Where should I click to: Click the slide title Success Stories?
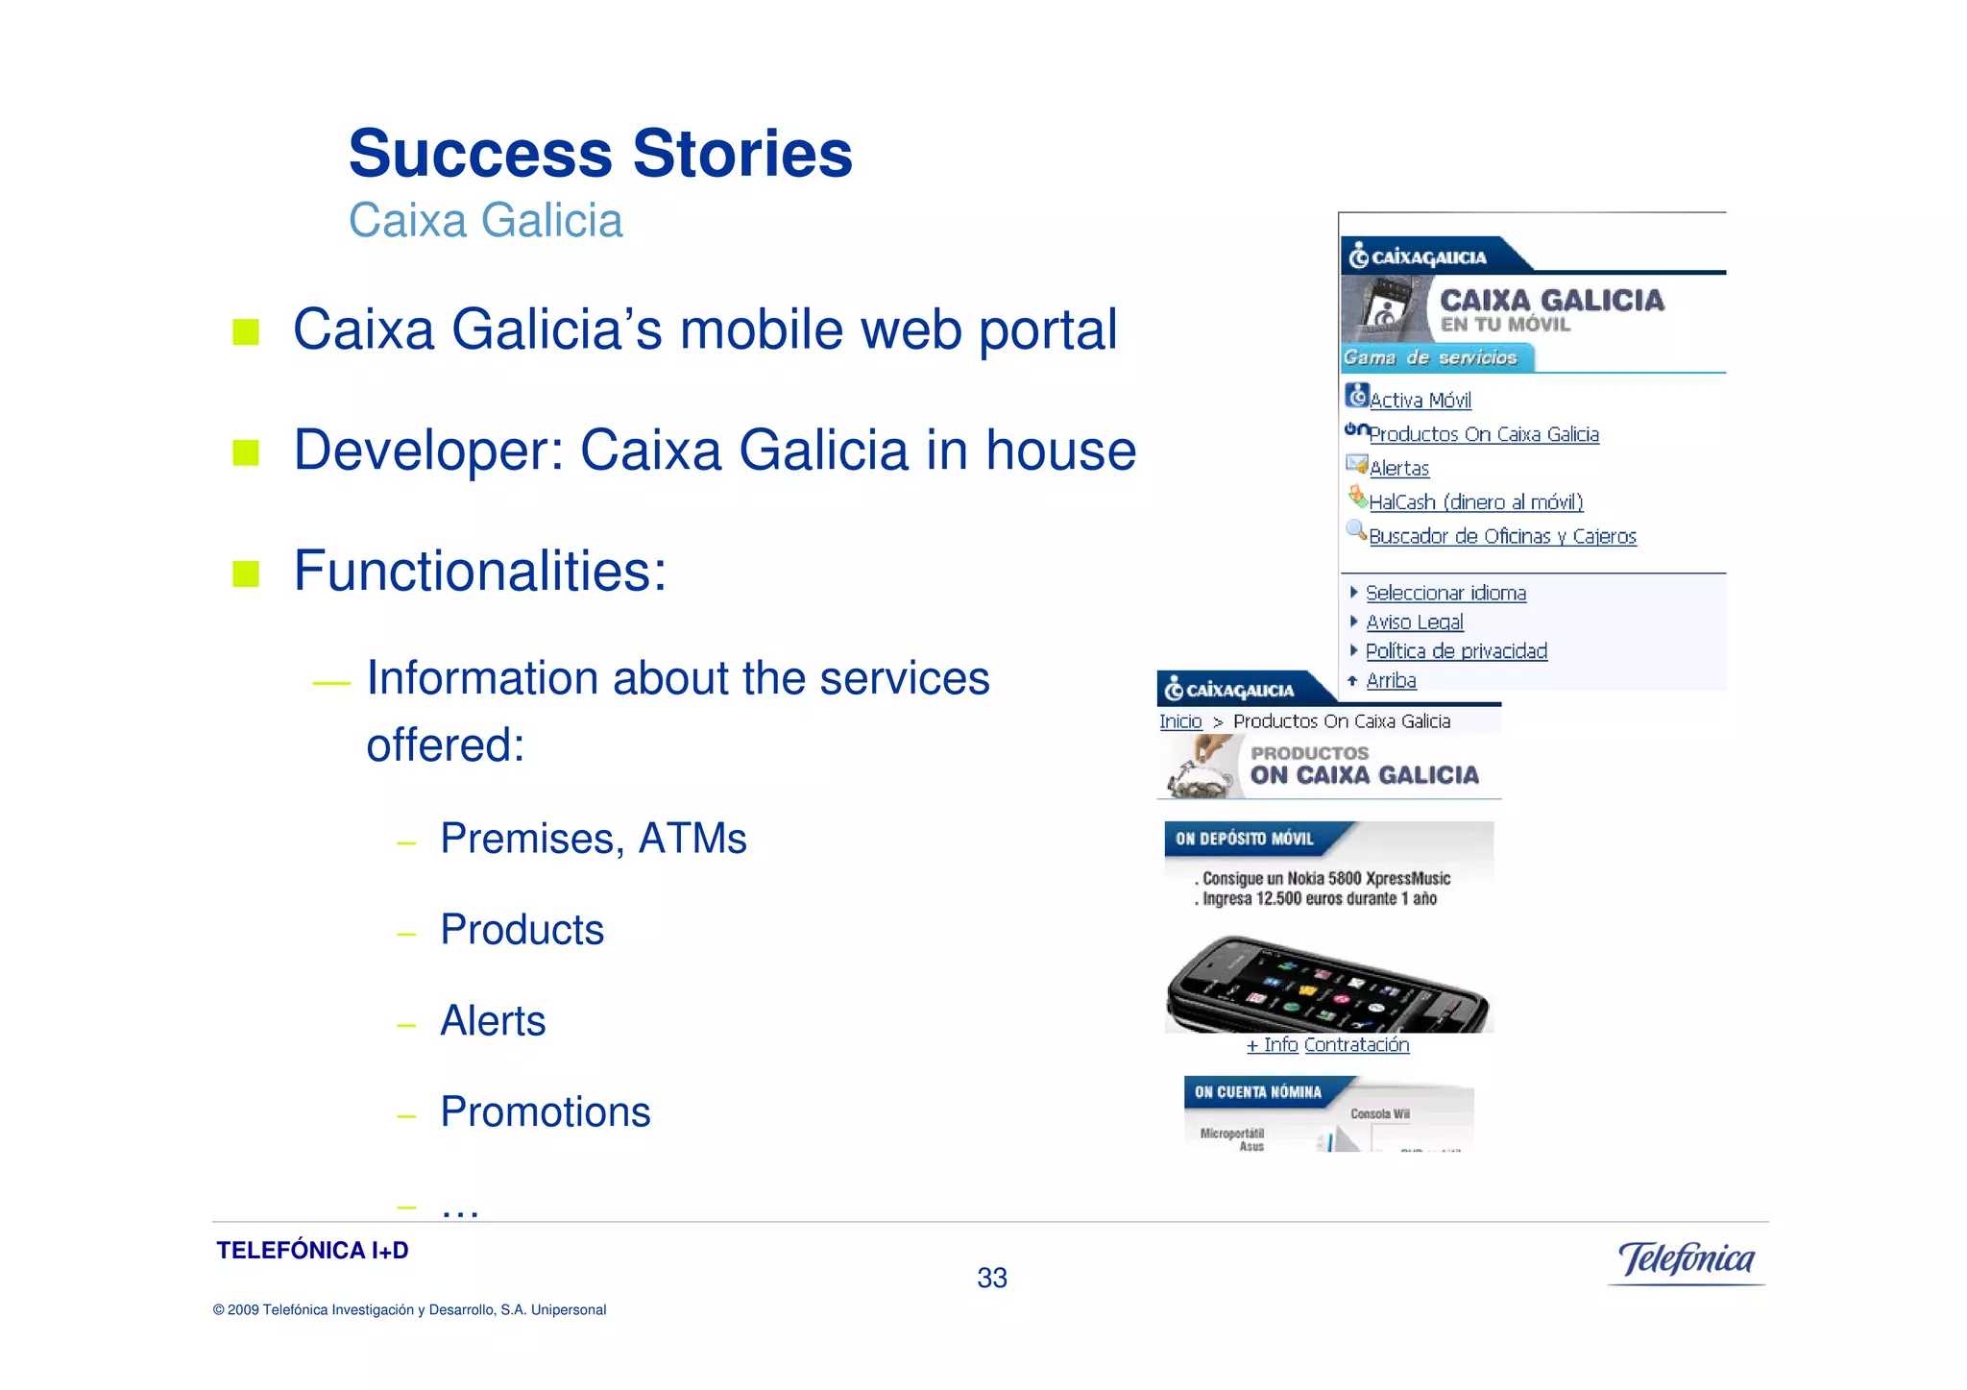pos(600,154)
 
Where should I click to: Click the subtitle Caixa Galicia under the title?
pos(485,221)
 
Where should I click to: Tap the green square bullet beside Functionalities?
pos(246,573)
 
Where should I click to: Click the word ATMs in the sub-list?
pos(692,839)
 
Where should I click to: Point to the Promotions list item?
pos(545,1112)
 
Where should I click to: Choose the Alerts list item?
pos(493,1021)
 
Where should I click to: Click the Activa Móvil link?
pos(1420,401)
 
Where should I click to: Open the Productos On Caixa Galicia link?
pos(1484,435)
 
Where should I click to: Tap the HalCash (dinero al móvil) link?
pos(1475,502)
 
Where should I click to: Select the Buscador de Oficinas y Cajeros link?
pos(1502,537)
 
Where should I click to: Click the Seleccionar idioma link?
pos(1445,594)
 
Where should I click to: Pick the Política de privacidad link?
pos(1456,651)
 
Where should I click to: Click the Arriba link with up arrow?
pos(1391,681)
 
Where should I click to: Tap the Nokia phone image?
pos(1328,985)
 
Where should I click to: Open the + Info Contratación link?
pos(1327,1045)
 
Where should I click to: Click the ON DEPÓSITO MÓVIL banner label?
pos(1244,839)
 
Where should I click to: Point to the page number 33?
pos(991,1279)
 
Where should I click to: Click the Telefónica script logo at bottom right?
pos(1687,1259)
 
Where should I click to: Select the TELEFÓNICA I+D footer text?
pos(312,1251)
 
